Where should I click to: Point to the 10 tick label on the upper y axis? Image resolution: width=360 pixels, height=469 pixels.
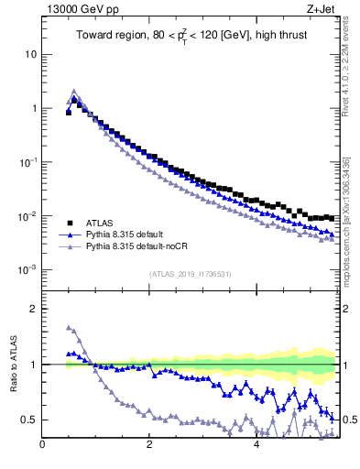(x=29, y=54)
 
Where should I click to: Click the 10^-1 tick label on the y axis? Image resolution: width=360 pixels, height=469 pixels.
(x=27, y=162)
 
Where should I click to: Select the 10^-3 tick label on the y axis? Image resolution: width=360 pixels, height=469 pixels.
(x=27, y=270)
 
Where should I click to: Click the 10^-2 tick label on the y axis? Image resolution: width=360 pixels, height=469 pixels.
(x=27, y=216)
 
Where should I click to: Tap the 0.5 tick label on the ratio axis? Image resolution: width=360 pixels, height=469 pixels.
(x=27, y=420)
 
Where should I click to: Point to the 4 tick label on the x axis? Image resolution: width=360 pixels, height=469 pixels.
(x=256, y=446)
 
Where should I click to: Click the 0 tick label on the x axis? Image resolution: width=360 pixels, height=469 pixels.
(x=42, y=446)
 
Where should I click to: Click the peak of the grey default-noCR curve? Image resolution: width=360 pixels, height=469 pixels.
(x=74, y=92)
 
